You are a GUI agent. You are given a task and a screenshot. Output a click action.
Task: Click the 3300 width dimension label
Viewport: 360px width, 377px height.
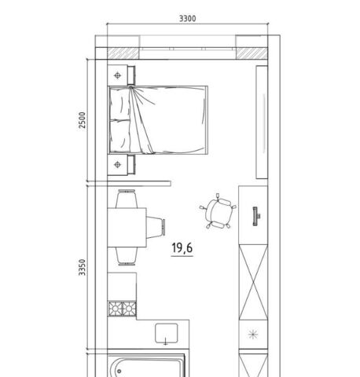pos(187,19)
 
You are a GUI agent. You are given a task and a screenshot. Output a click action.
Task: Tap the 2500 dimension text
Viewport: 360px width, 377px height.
pos(83,120)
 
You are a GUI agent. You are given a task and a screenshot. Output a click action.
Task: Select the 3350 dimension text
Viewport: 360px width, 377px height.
pos(83,267)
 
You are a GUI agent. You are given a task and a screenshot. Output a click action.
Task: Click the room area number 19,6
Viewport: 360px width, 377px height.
pos(182,248)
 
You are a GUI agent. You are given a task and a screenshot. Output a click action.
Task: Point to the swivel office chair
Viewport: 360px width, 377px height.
pos(218,211)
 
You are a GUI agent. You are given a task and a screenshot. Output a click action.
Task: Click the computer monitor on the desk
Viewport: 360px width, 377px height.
pos(255,216)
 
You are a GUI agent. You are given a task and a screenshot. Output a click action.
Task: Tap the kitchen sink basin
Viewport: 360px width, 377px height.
pos(167,333)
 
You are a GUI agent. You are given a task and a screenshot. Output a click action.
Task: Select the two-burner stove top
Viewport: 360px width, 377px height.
pos(122,309)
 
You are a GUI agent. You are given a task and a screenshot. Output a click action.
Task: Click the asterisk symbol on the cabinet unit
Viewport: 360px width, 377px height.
pos(253,334)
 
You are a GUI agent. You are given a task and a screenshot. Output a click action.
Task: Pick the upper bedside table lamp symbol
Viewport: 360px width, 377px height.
pos(118,75)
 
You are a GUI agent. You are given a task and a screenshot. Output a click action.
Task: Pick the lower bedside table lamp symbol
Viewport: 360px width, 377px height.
pos(118,164)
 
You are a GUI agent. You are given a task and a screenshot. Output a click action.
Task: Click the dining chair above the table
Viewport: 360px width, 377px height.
pos(127,199)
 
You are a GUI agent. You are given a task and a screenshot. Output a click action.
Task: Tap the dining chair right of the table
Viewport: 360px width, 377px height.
pos(156,227)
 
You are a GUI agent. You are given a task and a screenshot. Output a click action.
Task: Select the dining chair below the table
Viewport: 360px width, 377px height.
pos(127,256)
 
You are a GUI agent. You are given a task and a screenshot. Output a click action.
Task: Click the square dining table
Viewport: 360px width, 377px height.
pos(127,227)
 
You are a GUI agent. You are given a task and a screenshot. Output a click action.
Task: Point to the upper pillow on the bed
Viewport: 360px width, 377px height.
pos(120,104)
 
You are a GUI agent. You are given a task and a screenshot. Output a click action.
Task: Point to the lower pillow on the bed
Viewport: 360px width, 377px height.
pos(120,136)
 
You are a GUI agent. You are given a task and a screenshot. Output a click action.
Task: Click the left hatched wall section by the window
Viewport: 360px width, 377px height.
pos(123,53)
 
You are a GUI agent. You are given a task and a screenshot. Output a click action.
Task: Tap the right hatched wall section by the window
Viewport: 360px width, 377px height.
pos(252,53)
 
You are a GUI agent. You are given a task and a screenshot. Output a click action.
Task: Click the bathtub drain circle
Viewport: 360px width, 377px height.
pos(119,371)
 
